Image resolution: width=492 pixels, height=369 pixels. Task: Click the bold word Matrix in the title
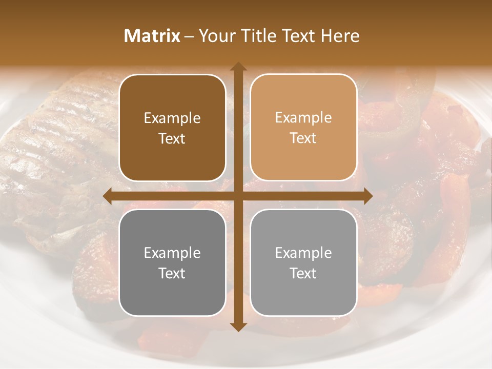[x=152, y=36]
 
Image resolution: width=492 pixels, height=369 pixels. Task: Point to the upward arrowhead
[x=238, y=67]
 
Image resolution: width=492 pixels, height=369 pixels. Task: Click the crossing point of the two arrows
[x=238, y=196]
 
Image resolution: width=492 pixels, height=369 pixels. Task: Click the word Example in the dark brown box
[x=172, y=118]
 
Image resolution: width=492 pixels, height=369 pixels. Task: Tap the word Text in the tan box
[x=303, y=138]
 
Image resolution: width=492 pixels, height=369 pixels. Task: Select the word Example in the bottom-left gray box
[x=172, y=253]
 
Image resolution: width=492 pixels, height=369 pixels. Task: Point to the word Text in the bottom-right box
[x=303, y=273]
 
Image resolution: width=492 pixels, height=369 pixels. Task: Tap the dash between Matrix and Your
[x=189, y=36]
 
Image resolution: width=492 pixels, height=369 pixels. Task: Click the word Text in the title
[x=299, y=36]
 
